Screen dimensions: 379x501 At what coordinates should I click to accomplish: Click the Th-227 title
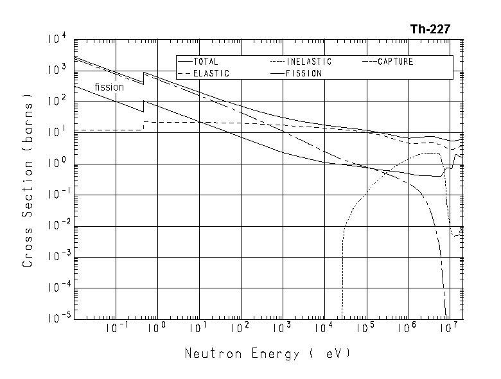point(430,29)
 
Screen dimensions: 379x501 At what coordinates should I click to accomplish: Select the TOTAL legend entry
point(206,62)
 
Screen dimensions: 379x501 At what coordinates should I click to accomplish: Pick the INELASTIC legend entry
point(309,62)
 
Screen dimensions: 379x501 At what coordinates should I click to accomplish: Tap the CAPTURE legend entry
point(395,62)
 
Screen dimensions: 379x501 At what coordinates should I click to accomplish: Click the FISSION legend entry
point(304,73)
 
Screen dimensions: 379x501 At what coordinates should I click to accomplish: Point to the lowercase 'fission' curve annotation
point(109,87)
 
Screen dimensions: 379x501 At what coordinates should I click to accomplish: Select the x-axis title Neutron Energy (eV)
point(268,353)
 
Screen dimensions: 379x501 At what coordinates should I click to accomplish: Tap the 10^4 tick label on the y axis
point(57,40)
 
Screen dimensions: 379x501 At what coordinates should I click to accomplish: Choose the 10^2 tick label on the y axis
point(57,101)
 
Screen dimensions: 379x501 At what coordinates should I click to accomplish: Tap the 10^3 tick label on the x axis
point(281,328)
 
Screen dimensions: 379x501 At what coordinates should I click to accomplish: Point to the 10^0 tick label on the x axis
point(157,328)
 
